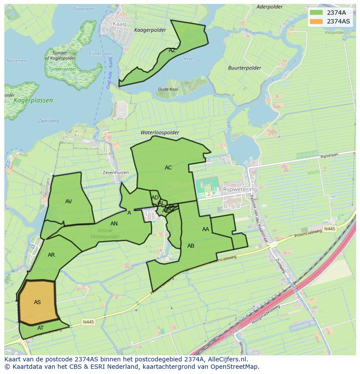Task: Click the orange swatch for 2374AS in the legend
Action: click(317, 21)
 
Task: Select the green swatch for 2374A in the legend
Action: click(317, 13)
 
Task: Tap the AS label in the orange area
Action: click(37, 302)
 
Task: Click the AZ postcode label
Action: click(172, 50)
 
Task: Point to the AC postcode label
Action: click(168, 167)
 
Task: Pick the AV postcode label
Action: click(68, 201)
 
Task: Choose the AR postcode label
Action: click(51, 255)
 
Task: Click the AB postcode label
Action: click(191, 246)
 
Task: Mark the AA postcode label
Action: click(206, 229)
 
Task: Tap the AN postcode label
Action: click(114, 224)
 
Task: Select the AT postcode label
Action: click(40, 328)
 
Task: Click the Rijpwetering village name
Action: click(240, 189)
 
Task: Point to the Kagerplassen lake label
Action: click(33, 100)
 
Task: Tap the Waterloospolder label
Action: click(160, 132)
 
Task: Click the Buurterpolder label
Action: click(244, 68)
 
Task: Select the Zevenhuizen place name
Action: click(116, 172)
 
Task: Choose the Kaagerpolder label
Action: click(150, 30)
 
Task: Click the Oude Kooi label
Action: click(168, 89)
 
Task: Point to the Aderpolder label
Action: click(270, 7)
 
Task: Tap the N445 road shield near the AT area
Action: click(88, 322)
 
